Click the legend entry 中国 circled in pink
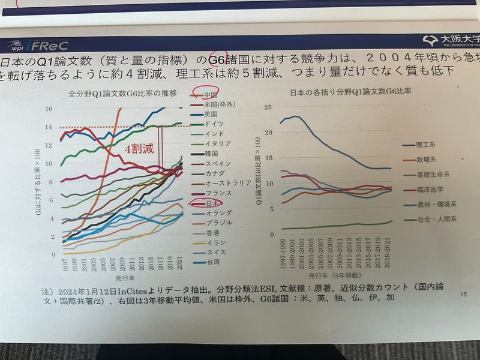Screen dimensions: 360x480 210,94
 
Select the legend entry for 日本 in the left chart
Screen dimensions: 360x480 211,203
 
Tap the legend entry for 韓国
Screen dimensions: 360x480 211,153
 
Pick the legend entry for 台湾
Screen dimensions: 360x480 211,262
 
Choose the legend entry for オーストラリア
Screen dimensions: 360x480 224,183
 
